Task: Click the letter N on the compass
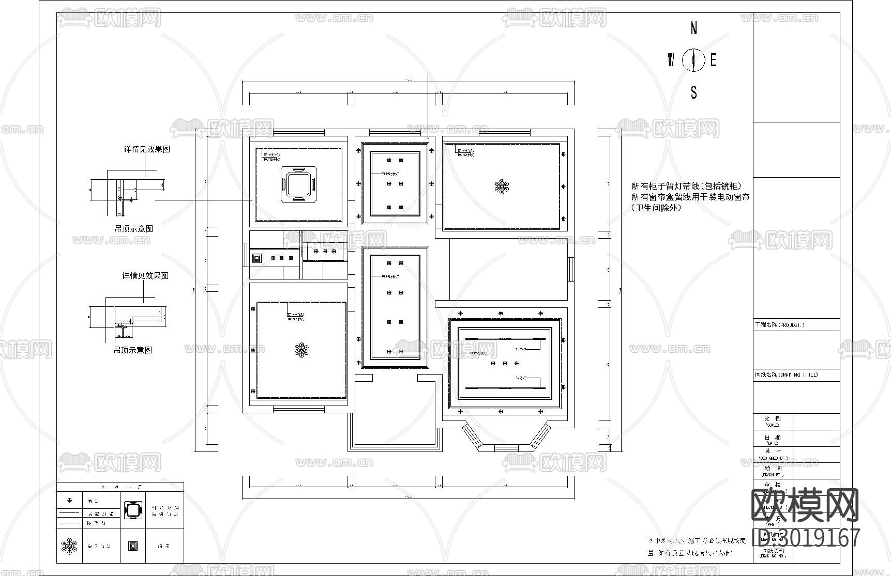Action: [x=693, y=28]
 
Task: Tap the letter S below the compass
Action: [x=693, y=92]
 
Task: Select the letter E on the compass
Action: [x=713, y=60]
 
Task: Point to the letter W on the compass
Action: [x=671, y=60]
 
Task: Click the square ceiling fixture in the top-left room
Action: [x=298, y=184]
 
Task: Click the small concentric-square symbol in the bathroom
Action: [x=256, y=257]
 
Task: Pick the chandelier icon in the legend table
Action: [x=69, y=546]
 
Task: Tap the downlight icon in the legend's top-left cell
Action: [x=70, y=500]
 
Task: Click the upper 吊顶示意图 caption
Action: [x=133, y=228]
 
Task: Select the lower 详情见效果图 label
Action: [x=145, y=276]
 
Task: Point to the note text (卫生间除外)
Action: [x=656, y=208]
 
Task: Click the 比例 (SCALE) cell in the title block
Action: [x=772, y=421]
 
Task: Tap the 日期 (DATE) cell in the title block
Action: [x=772, y=439]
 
